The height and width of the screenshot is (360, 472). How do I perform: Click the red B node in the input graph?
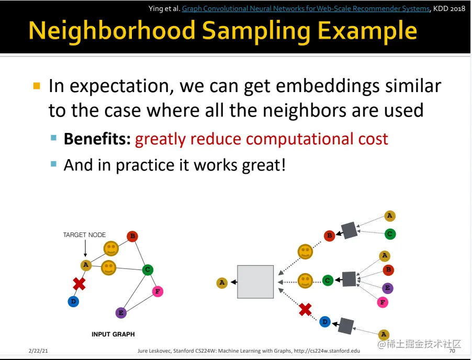click(x=132, y=237)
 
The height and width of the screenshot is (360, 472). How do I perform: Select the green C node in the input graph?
click(x=148, y=269)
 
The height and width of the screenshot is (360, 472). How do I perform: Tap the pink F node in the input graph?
click(x=158, y=291)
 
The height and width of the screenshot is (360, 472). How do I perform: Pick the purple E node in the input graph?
click(x=121, y=313)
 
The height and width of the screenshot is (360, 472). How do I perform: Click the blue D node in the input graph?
click(x=73, y=301)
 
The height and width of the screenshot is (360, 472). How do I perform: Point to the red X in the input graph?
click(x=79, y=284)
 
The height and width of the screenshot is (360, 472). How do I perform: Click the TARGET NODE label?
click(x=84, y=235)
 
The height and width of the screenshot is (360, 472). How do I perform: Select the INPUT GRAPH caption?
click(x=113, y=334)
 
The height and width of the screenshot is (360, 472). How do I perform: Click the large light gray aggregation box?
click(x=255, y=282)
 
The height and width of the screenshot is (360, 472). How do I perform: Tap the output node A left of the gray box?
click(x=222, y=283)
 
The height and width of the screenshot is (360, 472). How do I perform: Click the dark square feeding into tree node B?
click(x=349, y=230)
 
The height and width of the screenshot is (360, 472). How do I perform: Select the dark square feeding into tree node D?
click(x=346, y=325)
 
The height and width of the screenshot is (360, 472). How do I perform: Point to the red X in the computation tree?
click(x=305, y=309)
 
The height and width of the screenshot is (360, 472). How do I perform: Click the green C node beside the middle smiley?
click(x=328, y=280)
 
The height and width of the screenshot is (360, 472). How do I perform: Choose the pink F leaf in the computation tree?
click(x=383, y=302)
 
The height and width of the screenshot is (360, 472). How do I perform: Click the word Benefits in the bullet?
click(x=97, y=139)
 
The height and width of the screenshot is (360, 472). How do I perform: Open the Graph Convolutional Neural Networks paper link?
click(x=306, y=8)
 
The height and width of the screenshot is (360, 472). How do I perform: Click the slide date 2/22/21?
click(x=38, y=351)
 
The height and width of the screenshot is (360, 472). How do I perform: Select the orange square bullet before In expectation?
click(x=37, y=86)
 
